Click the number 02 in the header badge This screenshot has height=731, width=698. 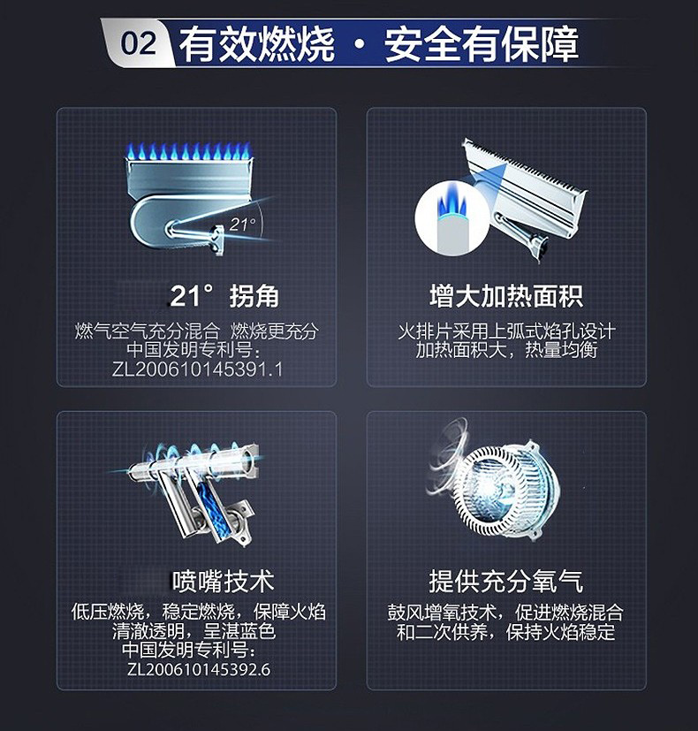click(x=139, y=43)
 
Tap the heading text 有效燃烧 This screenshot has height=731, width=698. click(x=257, y=44)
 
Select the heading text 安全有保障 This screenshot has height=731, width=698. click(x=482, y=44)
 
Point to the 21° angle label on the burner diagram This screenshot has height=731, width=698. click(x=242, y=225)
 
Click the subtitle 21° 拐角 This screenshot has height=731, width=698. click(x=224, y=295)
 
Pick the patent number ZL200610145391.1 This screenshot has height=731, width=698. click(x=197, y=369)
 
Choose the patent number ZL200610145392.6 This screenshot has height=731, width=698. click(x=199, y=669)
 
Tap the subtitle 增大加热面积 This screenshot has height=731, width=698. click(x=506, y=296)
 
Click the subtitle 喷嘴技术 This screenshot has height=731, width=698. click(x=224, y=581)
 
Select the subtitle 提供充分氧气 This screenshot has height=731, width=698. click(x=506, y=581)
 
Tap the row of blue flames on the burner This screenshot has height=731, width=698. click(x=189, y=150)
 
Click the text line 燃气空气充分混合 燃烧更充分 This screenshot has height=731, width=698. click(x=197, y=331)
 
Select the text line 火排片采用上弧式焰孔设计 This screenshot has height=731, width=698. click(x=506, y=331)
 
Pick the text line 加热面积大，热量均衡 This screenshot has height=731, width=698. click(x=506, y=350)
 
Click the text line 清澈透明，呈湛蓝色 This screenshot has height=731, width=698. click(x=193, y=631)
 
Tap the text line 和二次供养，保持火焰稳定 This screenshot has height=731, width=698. click(x=506, y=632)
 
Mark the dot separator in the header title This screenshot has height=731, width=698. click(x=360, y=45)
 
